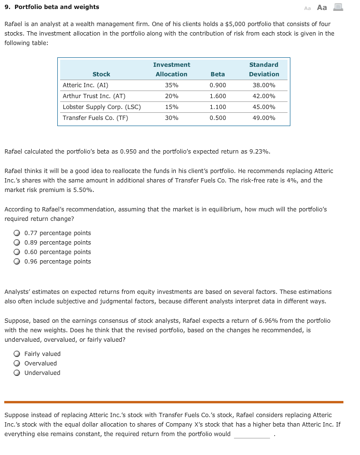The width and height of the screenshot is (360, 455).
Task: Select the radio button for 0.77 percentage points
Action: pyautogui.click(x=17, y=233)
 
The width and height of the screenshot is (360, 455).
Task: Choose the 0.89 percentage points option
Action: pyautogui.click(x=17, y=243)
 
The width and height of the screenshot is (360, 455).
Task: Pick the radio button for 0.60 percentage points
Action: pyautogui.click(x=17, y=252)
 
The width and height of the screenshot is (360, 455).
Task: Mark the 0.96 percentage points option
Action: pyautogui.click(x=17, y=262)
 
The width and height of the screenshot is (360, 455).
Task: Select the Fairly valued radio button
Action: pyautogui.click(x=17, y=354)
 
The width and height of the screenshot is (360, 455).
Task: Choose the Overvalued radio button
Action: pyautogui.click(x=17, y=364)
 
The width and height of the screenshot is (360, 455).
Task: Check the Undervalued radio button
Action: pyautogui.click(x=17, y=373)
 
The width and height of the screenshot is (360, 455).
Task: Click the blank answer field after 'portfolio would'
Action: pyautogui.click(x=252, y=434)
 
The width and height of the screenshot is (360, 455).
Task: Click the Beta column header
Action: pyautogui.click(x=217, y=74)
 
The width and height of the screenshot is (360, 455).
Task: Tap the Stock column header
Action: pyautogui.click(x=101, y=74)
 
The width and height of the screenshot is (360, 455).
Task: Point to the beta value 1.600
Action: pyautogui.click(x=217, y=96)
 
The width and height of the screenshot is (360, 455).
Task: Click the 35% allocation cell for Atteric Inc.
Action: pyautogui.click(x=171, y=85)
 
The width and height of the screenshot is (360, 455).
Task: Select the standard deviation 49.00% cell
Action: pyautogui.click(x=264, y=118)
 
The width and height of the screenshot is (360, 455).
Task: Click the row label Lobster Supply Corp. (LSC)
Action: pyautogui.click(x=102, y=107)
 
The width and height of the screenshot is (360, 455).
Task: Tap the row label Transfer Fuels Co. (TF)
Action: pyautogui.click(x=95, y=118)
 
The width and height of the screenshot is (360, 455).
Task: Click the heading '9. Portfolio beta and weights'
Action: pyautogui.click(x=52, y=7)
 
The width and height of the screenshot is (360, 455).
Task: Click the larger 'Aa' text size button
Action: pyautogui.click(x=322, y=7)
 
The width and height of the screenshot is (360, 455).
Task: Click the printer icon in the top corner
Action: pyautogui.click(x=338, y=7)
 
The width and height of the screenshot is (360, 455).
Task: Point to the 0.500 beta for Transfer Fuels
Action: pyautogui.click(x=217, y=118)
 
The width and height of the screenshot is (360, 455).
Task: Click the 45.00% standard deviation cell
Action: pyautogui.click(x=264, y=107)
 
